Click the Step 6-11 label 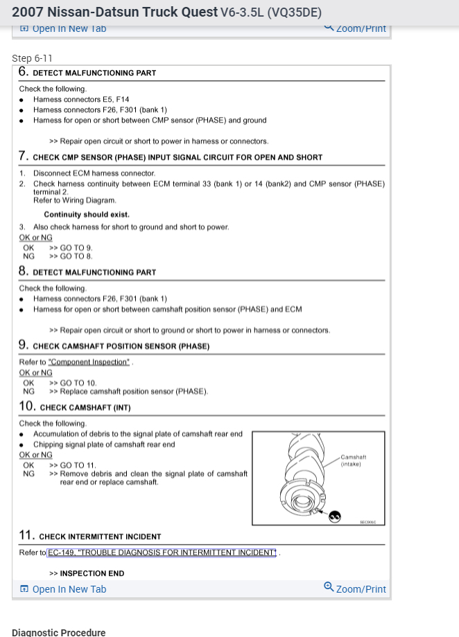point(32,58)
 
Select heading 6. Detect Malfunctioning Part point(87,72)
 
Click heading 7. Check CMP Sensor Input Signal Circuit point(171,157)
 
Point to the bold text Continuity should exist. point(87,215)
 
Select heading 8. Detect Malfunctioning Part point(87,272)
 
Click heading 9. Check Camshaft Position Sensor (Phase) point(114,345)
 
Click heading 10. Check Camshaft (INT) point(75,407)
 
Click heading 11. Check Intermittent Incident point(90,536)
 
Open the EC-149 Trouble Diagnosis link point(162,552)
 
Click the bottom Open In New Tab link point(63,589)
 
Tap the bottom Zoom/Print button point(355,588)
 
